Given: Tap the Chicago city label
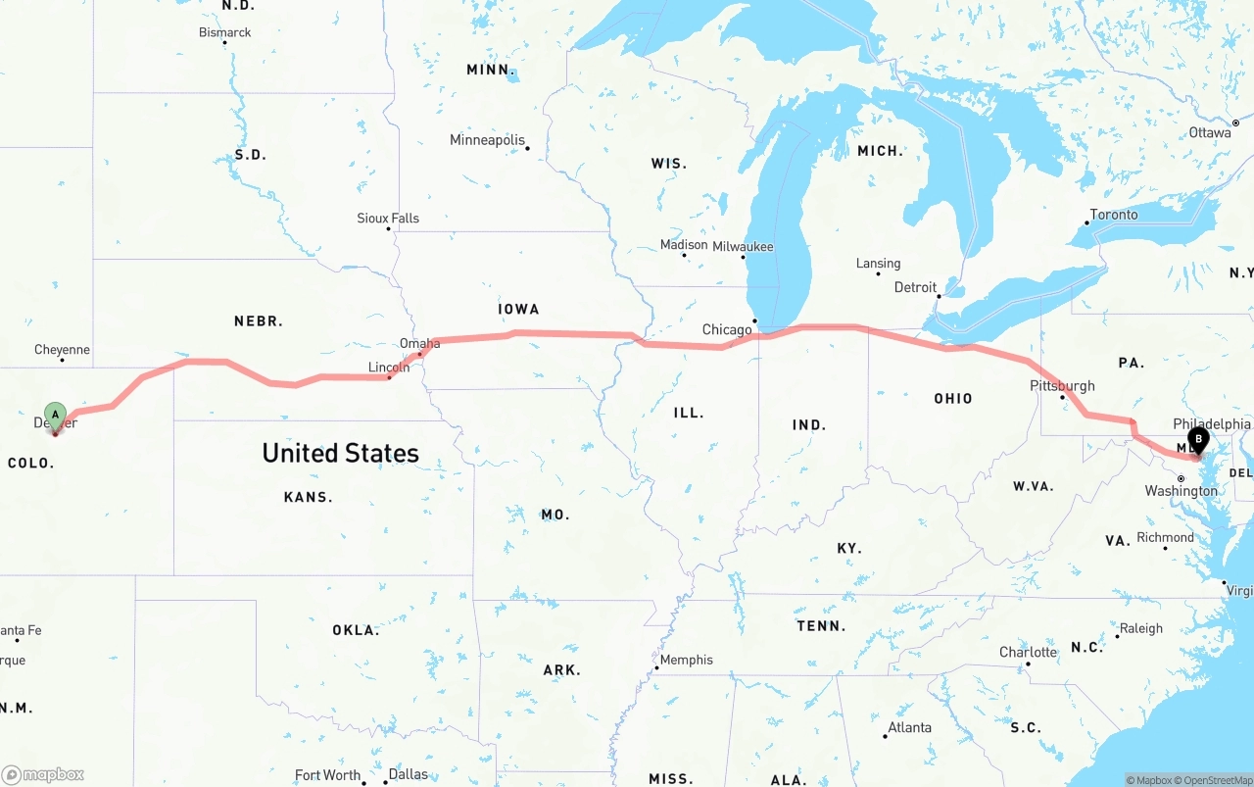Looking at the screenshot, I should point(727,330).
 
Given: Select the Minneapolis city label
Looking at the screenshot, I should point(487,140).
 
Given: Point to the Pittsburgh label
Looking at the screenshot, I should point(1062,386).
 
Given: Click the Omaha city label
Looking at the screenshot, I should point(419,344).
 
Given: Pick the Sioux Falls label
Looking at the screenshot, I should point(388,219).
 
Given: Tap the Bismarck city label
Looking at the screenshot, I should point(225,32).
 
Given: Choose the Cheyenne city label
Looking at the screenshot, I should point(62,350).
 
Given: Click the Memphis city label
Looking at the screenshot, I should point(686,660).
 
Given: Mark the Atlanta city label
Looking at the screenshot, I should point(910,727).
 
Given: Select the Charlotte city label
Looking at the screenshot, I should point(1028,653).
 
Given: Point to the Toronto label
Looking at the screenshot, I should point(1114,215).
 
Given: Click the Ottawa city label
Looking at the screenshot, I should point(1210,132).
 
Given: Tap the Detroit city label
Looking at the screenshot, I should point(915,288).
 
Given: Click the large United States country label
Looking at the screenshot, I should point(340,453).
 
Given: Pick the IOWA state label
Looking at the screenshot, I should point(518,310).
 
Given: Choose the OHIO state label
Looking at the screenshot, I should point(952,399).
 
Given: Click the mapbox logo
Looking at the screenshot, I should point(44,774).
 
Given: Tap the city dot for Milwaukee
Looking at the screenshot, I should point(743,258).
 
